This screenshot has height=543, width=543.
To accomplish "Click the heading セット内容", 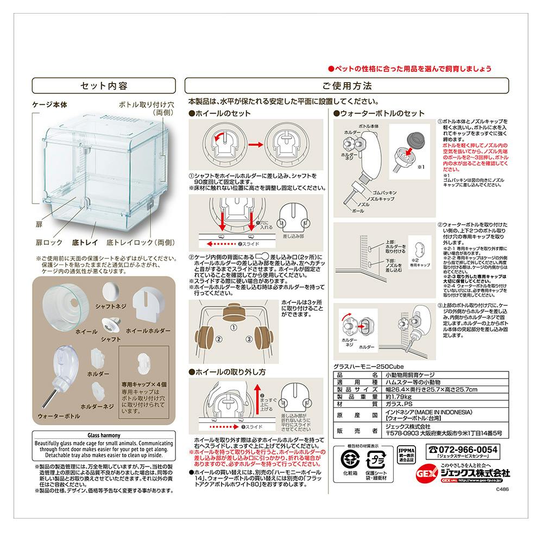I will pyautogui.click(x=104, y=86).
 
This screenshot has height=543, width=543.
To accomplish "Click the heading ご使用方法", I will pyautogui.click(x=347, y=86).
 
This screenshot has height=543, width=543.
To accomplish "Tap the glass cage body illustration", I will pyautogui.click(x=103, y=174).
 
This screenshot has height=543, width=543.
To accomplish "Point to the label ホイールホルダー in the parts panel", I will pyautogui.click(x=148, y=330).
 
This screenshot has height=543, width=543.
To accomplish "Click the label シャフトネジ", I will pyautogui.click(x=111, y=306).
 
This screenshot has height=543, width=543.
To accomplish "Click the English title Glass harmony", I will pyautogui.click(x=104, y=435).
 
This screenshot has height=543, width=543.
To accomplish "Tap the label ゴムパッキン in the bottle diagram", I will pyautogui.click(x=384, y=193).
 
